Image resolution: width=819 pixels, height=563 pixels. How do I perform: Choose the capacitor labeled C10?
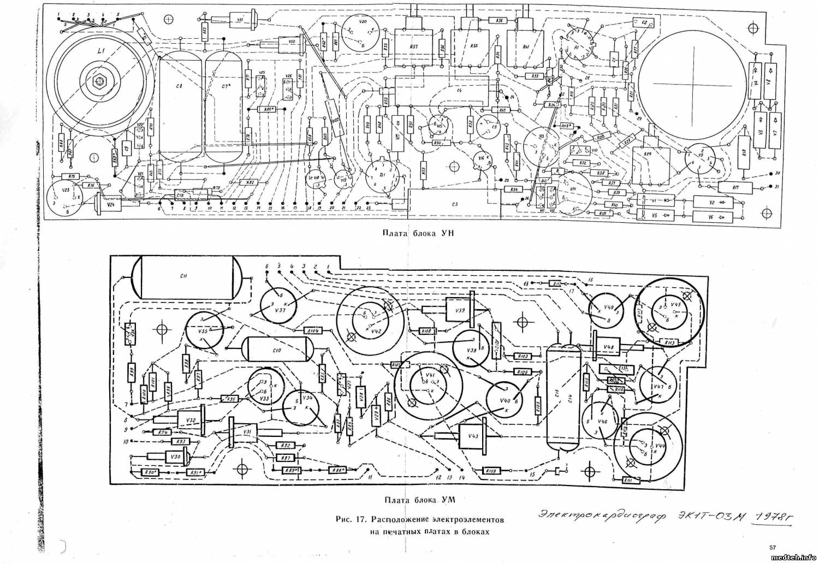(x=276, y=349)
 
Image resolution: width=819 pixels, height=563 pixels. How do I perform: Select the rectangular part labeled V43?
(x=473, y=436)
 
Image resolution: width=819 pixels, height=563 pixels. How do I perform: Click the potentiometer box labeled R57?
(x=413, y=48)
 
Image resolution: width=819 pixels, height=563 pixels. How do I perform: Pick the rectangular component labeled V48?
(x=608, y=346)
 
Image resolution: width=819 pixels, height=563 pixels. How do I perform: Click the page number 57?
(x=772, y=547)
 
